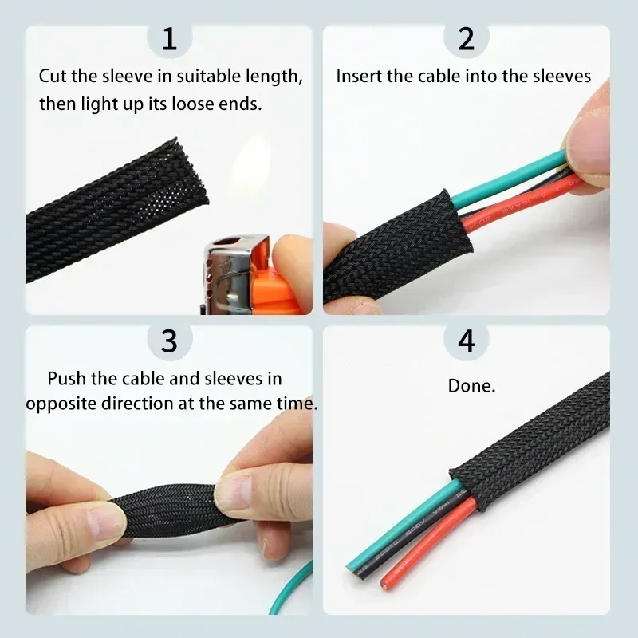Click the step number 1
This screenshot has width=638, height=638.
[x=170, y=39]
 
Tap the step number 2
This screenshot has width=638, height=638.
[x=467, y=39]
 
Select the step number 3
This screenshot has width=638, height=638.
[x=170, y=341]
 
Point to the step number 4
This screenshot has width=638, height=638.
[x=467, y=341]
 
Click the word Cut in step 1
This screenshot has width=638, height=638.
[x=53, y=77]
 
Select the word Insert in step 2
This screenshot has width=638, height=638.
[x=356, y=77]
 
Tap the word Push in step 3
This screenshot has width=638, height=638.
[x=65, y=379]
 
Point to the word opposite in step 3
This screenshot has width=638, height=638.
[x=62, y=404]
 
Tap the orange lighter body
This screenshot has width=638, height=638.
[x=271, y=275]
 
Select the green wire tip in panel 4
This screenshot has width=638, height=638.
[x=353, y=568]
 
